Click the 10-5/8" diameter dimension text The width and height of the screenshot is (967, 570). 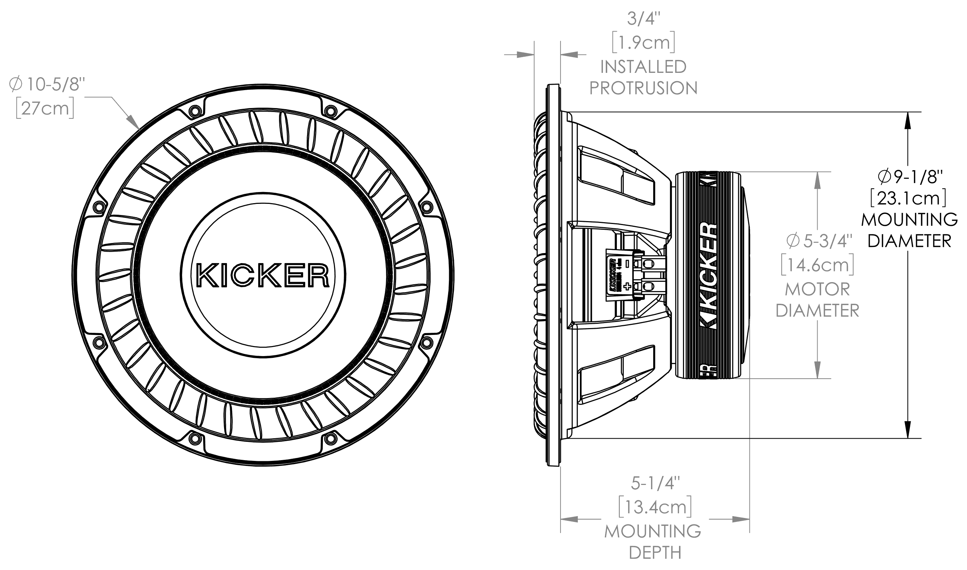[47, 84]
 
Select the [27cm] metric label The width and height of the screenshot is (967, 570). [45, 109]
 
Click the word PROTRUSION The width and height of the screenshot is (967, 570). [643, 88]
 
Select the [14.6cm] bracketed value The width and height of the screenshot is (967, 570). [818, 265]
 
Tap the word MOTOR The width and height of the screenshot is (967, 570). [817, 289]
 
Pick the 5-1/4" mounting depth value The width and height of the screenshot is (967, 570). [655, 483]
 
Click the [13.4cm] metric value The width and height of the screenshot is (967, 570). [655, 508]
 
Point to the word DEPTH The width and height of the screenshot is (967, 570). [655, 553]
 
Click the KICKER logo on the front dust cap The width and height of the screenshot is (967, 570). [263, 275]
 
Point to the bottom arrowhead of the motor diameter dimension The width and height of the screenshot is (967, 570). [818, 371]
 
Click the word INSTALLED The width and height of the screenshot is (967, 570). [643, 67]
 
